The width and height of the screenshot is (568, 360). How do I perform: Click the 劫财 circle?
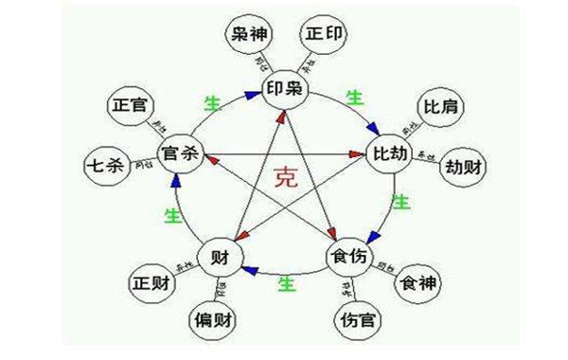click(x=461, y=168)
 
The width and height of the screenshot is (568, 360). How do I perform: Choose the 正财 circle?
click(x=152, y=283)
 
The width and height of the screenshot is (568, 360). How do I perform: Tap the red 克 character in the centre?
click(x=285, y=177)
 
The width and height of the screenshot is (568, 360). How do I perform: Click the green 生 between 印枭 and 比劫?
click(x=354, y=98)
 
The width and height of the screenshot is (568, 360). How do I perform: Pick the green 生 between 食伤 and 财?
click(x=283, y=281)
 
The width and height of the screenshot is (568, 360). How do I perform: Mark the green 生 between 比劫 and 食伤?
click(x=400, y=202)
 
